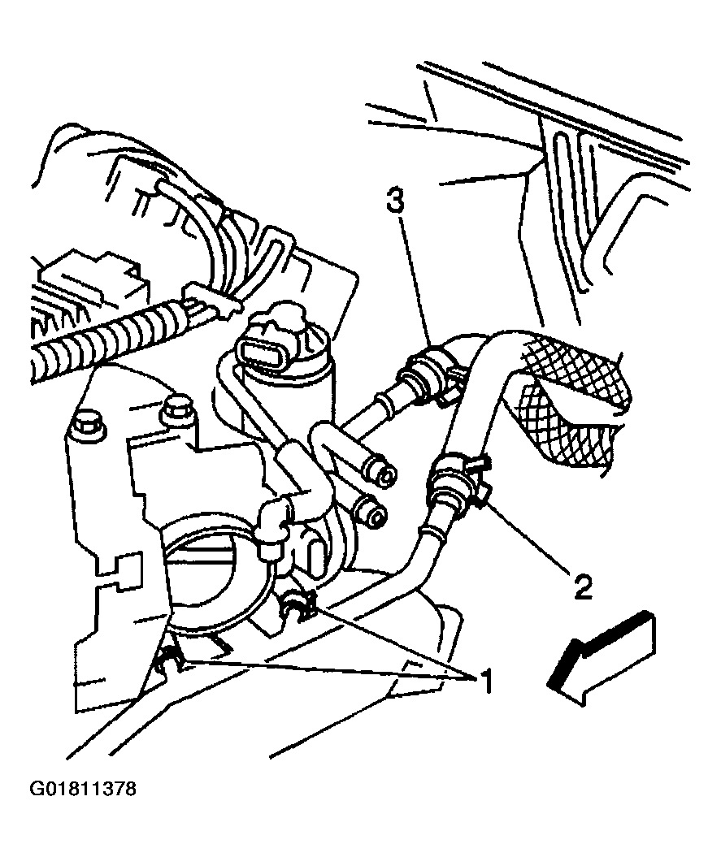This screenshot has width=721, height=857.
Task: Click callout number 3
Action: point(396,200)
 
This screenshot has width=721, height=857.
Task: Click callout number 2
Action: point(582,586)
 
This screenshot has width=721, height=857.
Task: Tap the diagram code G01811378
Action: point(83,789)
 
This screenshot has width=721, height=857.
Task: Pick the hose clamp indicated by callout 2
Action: point(457,478)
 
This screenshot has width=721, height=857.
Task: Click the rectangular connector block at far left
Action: point(96,279)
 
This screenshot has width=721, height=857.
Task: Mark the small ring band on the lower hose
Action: point(429,532)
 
